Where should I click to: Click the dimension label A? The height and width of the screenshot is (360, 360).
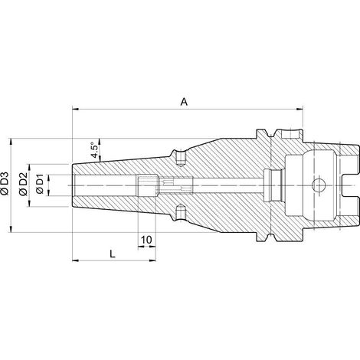click(184, 102)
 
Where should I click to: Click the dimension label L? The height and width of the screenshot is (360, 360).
click(113, 254)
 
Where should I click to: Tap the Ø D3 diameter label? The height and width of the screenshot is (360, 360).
click(5, 185)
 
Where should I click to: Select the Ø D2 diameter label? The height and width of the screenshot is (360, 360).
click(23, 185)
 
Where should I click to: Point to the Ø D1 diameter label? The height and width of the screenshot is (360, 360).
click(40, 185)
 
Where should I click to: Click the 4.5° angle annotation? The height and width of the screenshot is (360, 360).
click(94, 150)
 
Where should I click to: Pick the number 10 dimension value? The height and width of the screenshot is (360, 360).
click(146, 240)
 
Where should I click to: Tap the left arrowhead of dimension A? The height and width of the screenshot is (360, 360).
click(76, 110)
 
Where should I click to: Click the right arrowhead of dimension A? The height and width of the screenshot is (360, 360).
click(299, 110)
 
